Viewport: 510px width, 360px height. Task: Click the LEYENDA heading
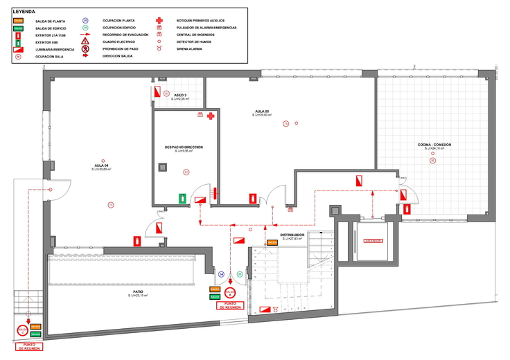24,12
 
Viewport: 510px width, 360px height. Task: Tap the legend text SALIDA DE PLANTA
49,21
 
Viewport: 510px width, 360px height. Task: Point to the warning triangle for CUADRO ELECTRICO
85,42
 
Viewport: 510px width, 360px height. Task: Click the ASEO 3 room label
180,95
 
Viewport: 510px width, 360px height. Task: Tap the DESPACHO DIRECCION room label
184,147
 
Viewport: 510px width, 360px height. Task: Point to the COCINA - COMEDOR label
434,145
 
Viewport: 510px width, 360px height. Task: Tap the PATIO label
138,292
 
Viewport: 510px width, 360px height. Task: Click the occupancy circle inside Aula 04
110,204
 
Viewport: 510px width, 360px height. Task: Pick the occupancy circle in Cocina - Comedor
432,161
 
